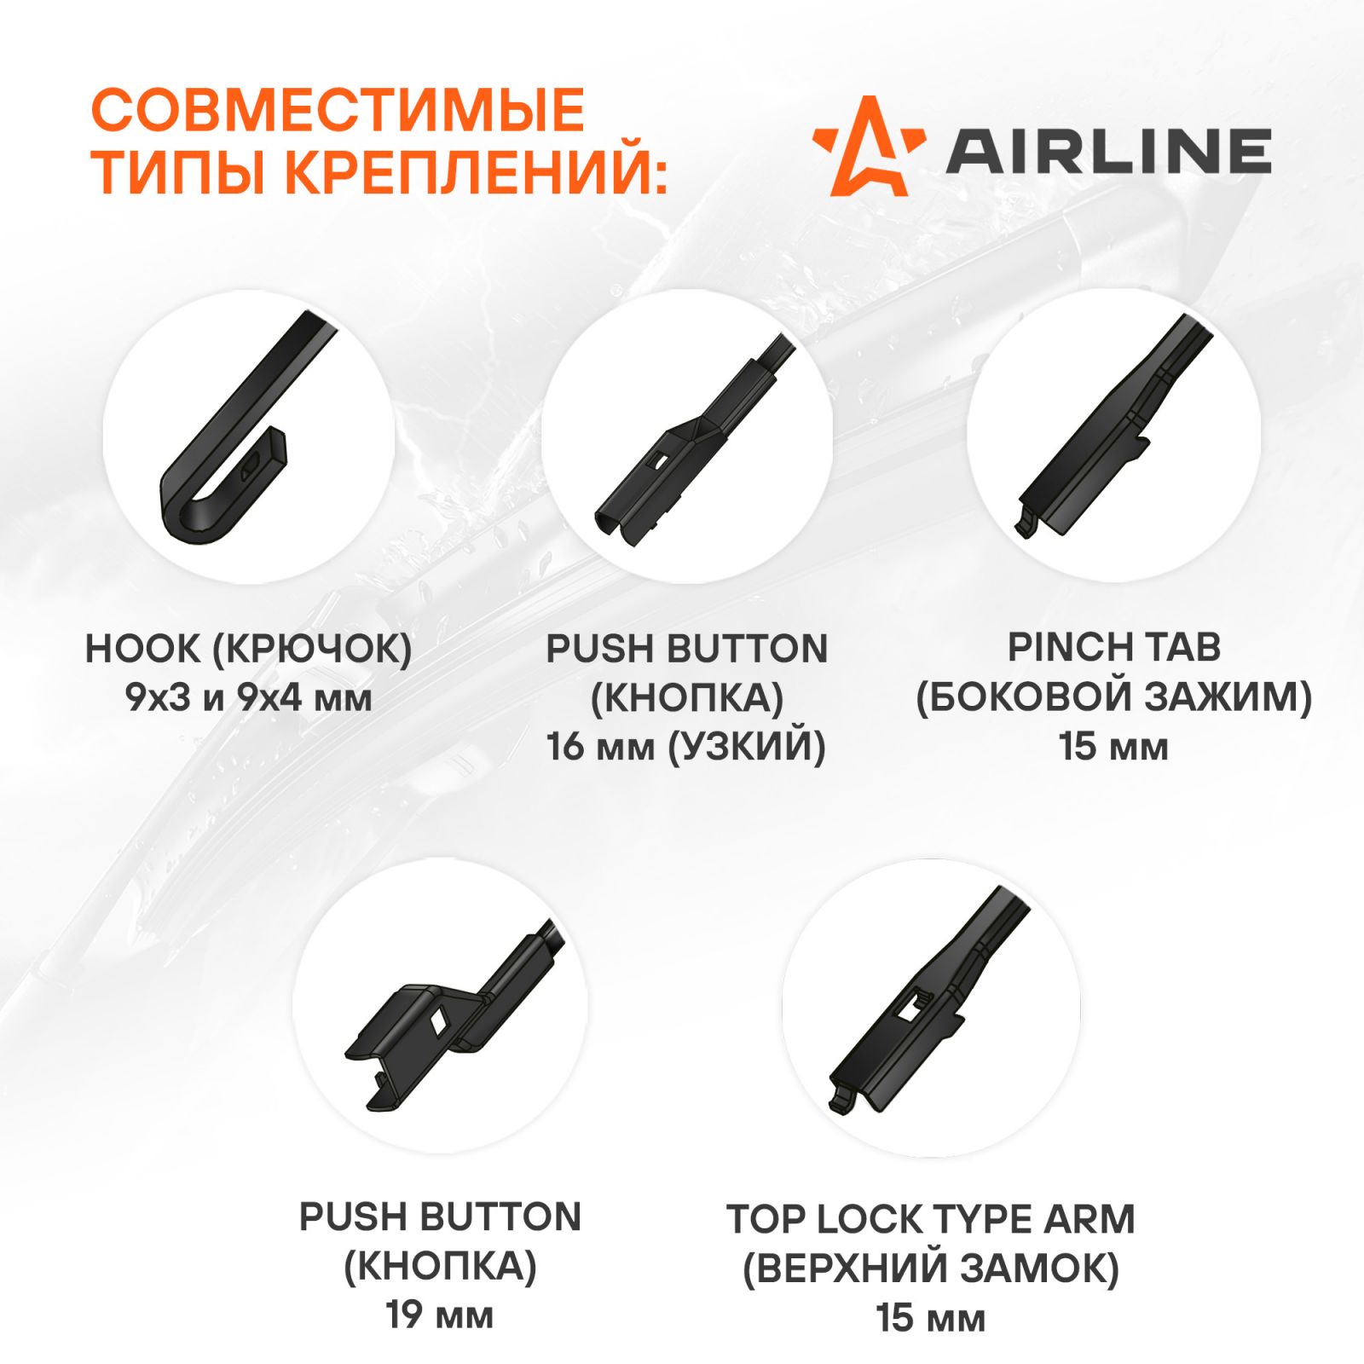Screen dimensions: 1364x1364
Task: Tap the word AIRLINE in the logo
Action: click(x=1108, y=152)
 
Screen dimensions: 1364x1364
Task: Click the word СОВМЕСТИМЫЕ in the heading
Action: click(x=338, y=110)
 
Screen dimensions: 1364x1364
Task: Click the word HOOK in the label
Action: click(x=142, y=649)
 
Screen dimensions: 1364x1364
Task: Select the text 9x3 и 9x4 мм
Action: click(x=249, y=698)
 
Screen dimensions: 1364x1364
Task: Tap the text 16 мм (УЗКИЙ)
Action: click(x=686, y=747)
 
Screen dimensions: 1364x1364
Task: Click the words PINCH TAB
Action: click(x=1114, y=647)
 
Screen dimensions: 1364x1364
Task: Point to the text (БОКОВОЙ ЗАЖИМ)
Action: click(x=1114, y=696)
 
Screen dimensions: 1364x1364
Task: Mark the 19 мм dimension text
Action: click(x=440, y=1315)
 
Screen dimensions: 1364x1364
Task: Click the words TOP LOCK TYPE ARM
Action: click(x=931, y=1219)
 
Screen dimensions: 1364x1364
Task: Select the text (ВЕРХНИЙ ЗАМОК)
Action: click(x=931, y=1269)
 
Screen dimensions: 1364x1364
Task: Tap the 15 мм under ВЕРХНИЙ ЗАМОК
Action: click(x=931, y=1318)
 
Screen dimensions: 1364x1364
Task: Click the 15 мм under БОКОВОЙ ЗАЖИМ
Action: click(x=1114, y=746)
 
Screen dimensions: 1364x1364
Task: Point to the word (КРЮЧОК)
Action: click(x=312, y=650)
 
